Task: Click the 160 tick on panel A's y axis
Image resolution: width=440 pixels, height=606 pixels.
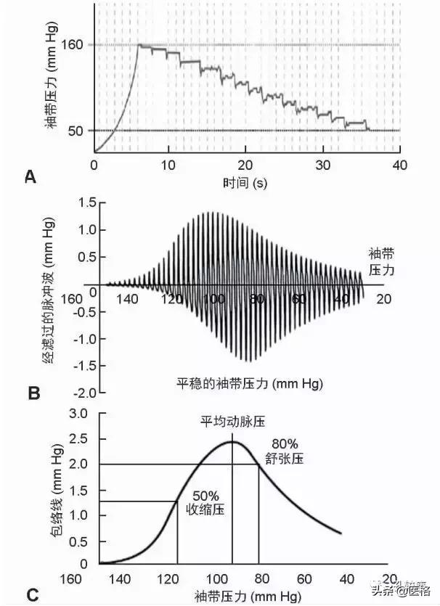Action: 76,45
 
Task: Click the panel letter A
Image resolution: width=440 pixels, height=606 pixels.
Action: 30,176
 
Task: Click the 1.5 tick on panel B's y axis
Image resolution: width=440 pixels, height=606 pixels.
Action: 88,202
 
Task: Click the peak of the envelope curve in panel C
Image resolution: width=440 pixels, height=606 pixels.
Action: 232,441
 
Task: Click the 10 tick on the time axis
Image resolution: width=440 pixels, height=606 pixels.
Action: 169,165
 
